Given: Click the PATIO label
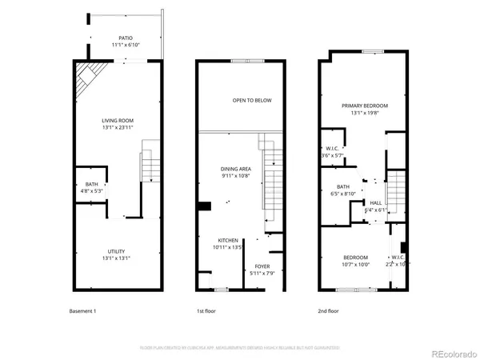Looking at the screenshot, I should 126,38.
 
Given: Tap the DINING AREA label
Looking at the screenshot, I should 236,169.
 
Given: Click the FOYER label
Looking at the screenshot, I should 262,266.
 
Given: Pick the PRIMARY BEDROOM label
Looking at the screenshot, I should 364,106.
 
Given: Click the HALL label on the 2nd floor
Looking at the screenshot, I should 375,202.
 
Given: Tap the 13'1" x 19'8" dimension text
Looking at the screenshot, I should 364,113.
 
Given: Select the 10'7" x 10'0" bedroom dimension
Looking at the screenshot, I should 356,264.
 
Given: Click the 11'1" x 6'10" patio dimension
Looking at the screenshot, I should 126,45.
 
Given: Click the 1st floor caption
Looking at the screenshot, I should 206,310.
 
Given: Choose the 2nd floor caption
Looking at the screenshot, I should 329,310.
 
